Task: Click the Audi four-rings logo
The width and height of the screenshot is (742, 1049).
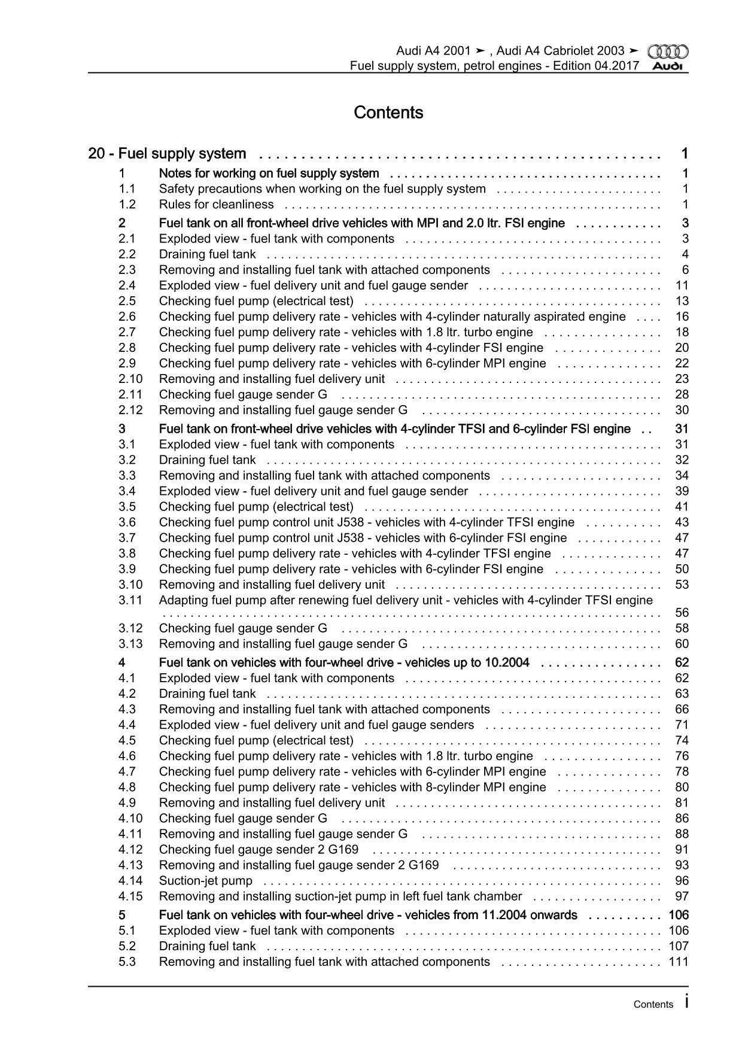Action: click(x=668, y=51)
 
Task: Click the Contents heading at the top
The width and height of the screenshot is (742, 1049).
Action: click(x=388, y=112)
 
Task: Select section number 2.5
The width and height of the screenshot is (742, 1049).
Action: click(x=127, y=301)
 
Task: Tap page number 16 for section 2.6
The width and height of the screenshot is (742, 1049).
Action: click(x=682, y=317)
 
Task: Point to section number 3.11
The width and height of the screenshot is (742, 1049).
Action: click(x=130, y=600)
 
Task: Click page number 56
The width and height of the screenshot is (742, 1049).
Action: click(x=682, y=613)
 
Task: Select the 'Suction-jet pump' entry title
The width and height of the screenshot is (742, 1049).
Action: click(x=205, y=881)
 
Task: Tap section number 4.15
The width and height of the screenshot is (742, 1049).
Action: click(x=130, y=896)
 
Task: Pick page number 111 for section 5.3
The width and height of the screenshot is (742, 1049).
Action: click(x=679, y=962)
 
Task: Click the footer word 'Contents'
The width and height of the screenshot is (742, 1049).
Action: click(x=653, y=1005)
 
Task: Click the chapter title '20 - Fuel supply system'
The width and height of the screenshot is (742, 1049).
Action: click(x=167, y=154)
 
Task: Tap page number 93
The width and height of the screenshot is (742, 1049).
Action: click(x=682, y=865)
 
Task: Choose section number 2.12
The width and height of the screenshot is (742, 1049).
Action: click(x=130, y=410)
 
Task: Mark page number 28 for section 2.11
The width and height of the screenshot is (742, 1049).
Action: click(x=682, y=394)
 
